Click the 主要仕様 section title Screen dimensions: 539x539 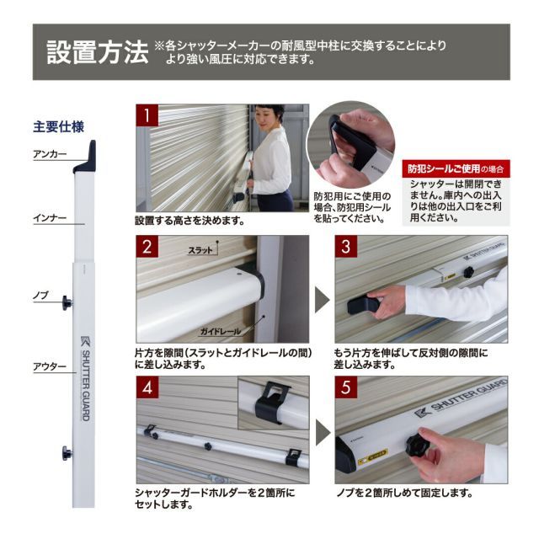coord(59,128)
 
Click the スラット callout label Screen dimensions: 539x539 coord(200,250)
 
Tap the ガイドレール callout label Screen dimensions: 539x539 coord(221,331)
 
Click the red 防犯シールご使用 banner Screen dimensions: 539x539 coord(456,168)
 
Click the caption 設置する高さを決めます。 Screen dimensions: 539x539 coord(189,221)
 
